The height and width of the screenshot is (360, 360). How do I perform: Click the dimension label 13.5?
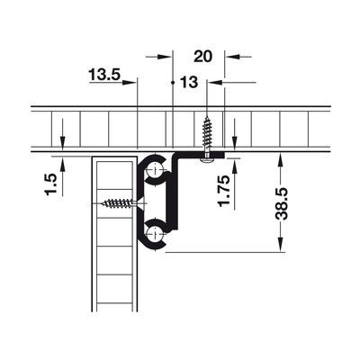coord(104,75)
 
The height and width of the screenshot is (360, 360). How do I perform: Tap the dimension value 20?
coord(202,56)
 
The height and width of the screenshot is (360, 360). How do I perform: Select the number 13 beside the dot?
coord(189,82)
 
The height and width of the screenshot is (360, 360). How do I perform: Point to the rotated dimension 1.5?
coord(50,184)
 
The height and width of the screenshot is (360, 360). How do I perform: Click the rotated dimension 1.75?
coord(224,191)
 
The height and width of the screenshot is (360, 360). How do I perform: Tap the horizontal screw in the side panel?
coord(123,203)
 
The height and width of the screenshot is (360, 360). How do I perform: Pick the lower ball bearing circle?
coord(155,234)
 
